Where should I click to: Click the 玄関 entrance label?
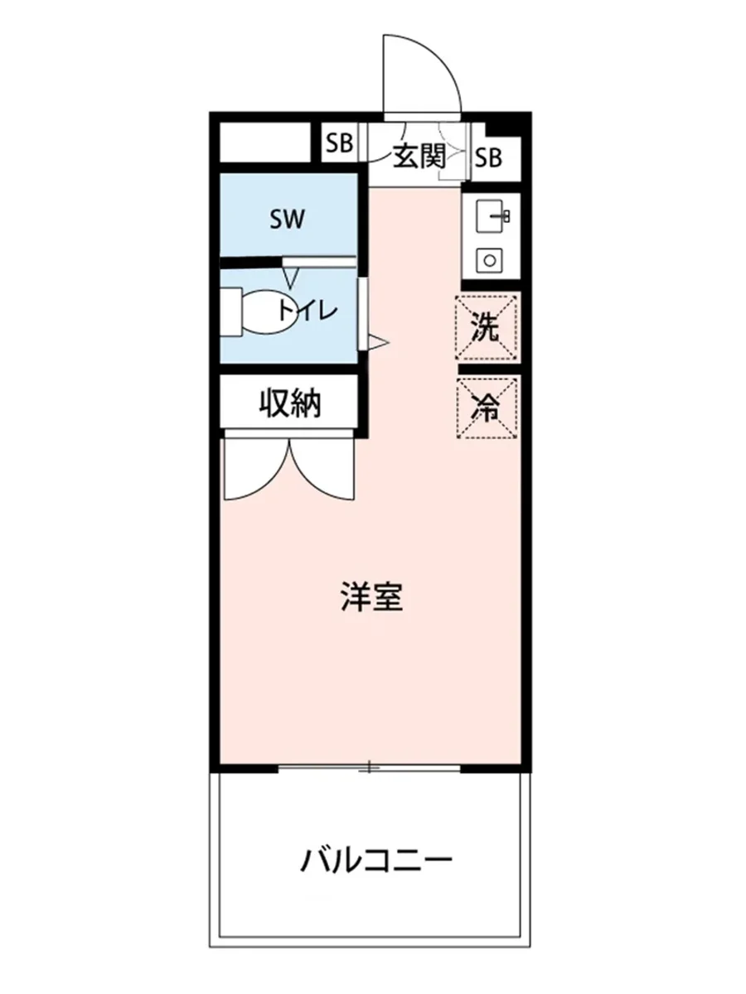click(x=419, y=157)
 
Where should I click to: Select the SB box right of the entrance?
click(x=489, y=157)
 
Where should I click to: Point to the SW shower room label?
click(x=288, y=220)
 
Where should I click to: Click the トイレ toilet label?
click(x=307, y=311)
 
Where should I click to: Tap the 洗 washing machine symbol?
click(x=487, y=327)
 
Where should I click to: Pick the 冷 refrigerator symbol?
click(x=487, y=408)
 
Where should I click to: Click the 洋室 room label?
click(x=371, y=597)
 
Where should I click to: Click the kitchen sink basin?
click(x=488, y=217)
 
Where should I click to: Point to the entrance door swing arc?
click(x=431, y=70)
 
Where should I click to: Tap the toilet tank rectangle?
click(x=231, y=311)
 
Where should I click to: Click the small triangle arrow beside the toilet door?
click(x=377, y=341)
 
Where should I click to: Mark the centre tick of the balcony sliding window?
click(x=369, y=768)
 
